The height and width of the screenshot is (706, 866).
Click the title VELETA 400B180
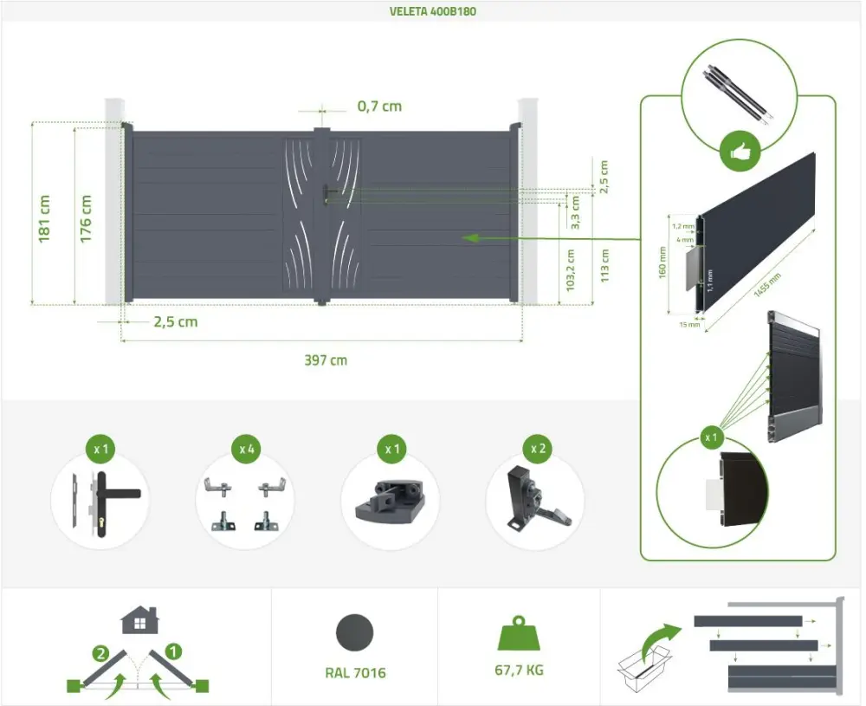tap(432, 11)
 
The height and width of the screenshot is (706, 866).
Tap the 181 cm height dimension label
tap(44, 218)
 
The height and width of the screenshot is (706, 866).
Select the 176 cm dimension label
tap(86, 218)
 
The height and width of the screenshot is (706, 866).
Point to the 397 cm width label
tap(326, 360)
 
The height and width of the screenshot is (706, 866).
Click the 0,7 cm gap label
tap(379, 106)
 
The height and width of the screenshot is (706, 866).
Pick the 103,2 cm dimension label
tap(571, 270)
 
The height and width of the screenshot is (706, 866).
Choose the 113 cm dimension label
tap(604, 266)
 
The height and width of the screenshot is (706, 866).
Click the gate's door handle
tap(327, 194)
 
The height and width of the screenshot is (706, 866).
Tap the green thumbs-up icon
tap(740, 152)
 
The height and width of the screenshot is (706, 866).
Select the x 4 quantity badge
tap(246, 449)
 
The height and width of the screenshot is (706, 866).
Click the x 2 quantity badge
tap(538, 449)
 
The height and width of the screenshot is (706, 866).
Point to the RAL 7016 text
tap(355, 673)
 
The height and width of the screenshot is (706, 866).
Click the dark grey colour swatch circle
tap(354, 632)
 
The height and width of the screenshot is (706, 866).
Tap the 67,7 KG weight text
tap(519, 670)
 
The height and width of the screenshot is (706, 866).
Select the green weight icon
tap(519, 633)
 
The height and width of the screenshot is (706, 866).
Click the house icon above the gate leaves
tap(139, 619)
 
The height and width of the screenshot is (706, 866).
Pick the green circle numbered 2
tap(100, 654)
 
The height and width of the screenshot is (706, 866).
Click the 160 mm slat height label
tap(662, 262)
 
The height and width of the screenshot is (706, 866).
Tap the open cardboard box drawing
tap(644, 668)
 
